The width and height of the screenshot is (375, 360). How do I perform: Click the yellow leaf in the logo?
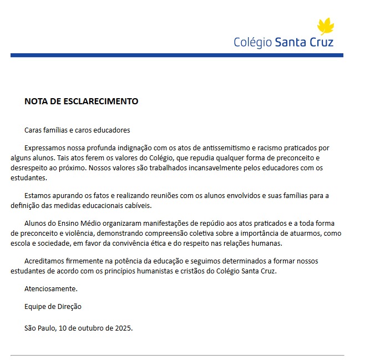click(x=326, y=26)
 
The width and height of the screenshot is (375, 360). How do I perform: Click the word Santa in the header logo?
click(x=291, y=42)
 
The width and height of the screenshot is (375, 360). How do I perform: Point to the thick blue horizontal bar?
click(x=176, y=55)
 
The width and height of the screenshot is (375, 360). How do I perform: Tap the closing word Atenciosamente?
click(x=51, y=288)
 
